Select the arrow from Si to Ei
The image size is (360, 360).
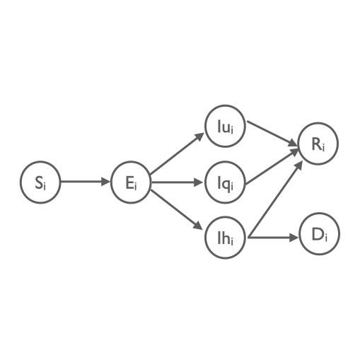click(86, 182)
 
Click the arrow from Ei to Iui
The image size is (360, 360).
click(177, 153)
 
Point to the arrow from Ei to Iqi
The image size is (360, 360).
click(177, 182)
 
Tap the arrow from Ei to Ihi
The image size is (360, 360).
click(177, 209)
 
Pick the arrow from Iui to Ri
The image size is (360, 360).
click(272, 134)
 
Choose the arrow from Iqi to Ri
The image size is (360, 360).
click(272, 167)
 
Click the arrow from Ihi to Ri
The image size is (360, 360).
click(275, 199)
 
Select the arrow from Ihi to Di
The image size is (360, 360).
click(273, 238)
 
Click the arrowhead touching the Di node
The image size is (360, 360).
click(294, 238)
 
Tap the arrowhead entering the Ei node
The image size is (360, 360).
click(106, 182)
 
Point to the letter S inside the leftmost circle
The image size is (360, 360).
click(38, 182)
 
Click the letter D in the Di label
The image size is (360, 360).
click(318, 235)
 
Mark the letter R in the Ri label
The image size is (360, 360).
click(316, 144)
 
